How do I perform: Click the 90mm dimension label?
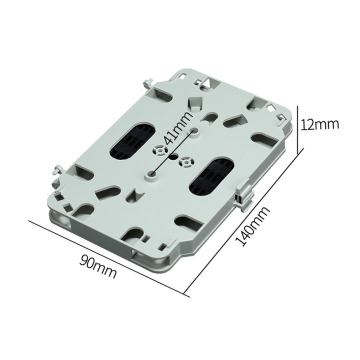[98, 267]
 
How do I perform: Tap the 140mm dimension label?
[252, 226]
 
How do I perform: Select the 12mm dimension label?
[319, 124]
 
